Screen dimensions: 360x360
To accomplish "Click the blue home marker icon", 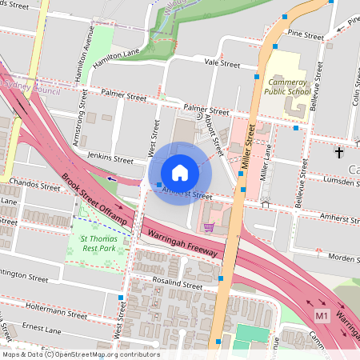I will (x=180, y=172).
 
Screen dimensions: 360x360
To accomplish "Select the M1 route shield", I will (x=322, y=316).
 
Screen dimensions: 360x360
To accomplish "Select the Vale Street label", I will (x=222, y=62).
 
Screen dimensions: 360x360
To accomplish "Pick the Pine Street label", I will (x=306, y=36).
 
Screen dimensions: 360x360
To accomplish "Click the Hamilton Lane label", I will (x=117, y=56).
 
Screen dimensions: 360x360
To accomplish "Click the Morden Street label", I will (x=339, y=258).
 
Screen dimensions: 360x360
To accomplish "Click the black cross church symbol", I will (x=338, y=151).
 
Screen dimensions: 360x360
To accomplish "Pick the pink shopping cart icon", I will (x=209, y=228).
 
